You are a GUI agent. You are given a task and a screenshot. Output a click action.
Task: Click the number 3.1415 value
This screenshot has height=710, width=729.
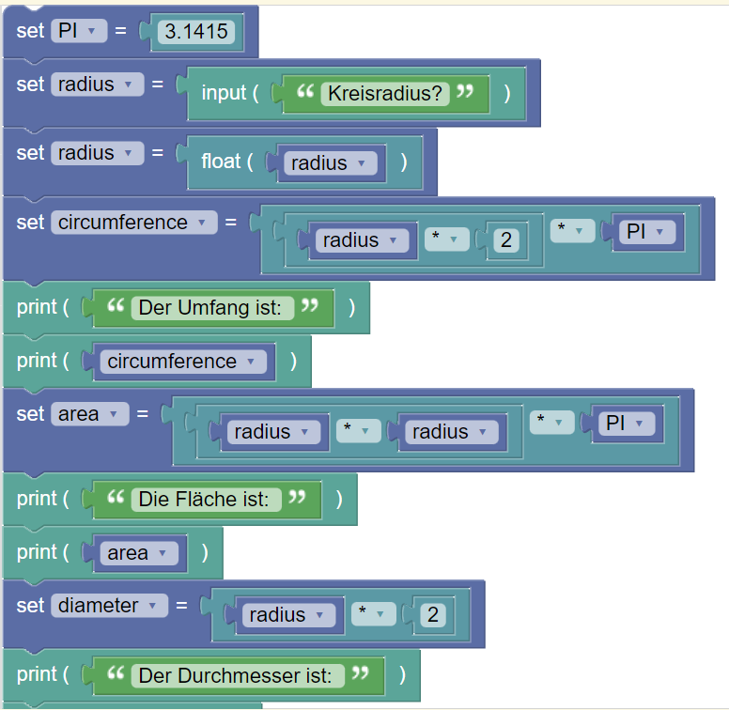pos(195,32)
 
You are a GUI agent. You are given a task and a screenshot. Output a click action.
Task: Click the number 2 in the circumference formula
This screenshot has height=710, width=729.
pos(505,240)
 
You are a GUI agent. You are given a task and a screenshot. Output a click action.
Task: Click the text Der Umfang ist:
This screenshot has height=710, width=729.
pos(209,307)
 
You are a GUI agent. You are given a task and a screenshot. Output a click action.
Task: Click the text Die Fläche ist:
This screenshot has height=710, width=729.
pos(204,499)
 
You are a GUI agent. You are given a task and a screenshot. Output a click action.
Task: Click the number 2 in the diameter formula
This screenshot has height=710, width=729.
pos(432,615)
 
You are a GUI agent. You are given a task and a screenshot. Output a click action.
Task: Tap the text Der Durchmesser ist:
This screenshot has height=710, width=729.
pos(236,674)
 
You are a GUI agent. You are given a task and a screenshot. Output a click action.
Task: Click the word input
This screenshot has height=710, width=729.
pos(224,93)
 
